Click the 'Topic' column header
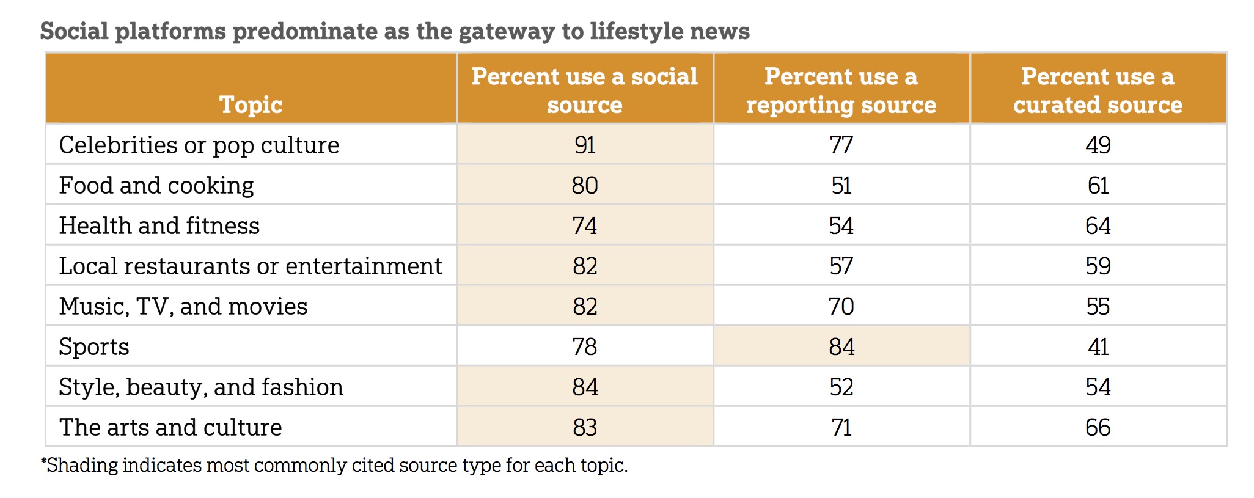(x=251, y=104)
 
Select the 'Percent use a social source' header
(x=584, y=90)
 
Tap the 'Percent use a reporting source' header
(x=841, y=90)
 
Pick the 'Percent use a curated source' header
(x=1098, y=90)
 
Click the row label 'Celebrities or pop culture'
(x=199, y=145)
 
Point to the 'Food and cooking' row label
(x=156, y=186)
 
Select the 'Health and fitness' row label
(x=159, y=226)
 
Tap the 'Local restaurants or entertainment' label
(x=251, y=266)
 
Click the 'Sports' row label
(x=94, y=347)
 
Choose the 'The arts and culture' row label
(x=170, y=428)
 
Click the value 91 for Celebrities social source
(x=585, y=145)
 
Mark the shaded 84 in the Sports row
(x=842, y=347)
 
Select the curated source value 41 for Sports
(x=1098, y=347)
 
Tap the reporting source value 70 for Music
(x=842, y=307)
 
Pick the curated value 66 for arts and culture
(x=1098, y=428)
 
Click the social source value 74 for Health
(x=585, y=226)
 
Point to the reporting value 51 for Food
(x=842, y=186)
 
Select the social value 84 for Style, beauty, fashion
(x=585, y=387)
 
